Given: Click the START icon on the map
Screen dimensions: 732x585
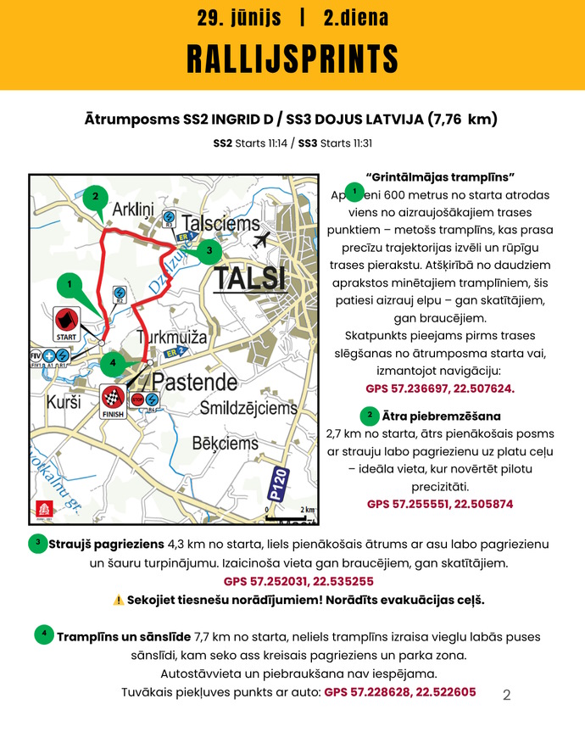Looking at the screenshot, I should click(66, 324).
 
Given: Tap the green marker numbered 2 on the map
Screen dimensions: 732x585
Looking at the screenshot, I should click(97, 197).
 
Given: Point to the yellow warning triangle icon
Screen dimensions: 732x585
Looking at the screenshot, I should click(118, 600).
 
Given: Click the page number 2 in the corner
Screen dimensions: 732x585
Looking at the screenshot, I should click(507, 696).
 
